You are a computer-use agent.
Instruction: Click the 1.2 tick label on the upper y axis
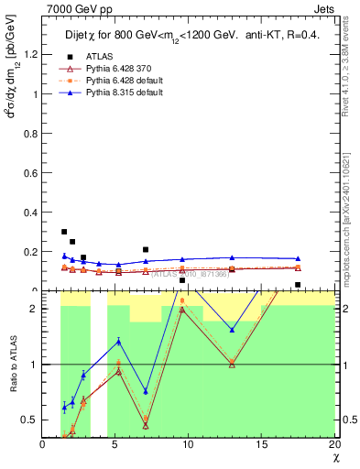click(32, 54)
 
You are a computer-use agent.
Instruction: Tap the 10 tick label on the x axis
click(189, 445)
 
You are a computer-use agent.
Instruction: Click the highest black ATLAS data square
click(64, 232)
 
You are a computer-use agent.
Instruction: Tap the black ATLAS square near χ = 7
click(146, 249)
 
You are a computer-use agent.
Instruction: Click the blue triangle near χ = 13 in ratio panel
click(232, 330)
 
